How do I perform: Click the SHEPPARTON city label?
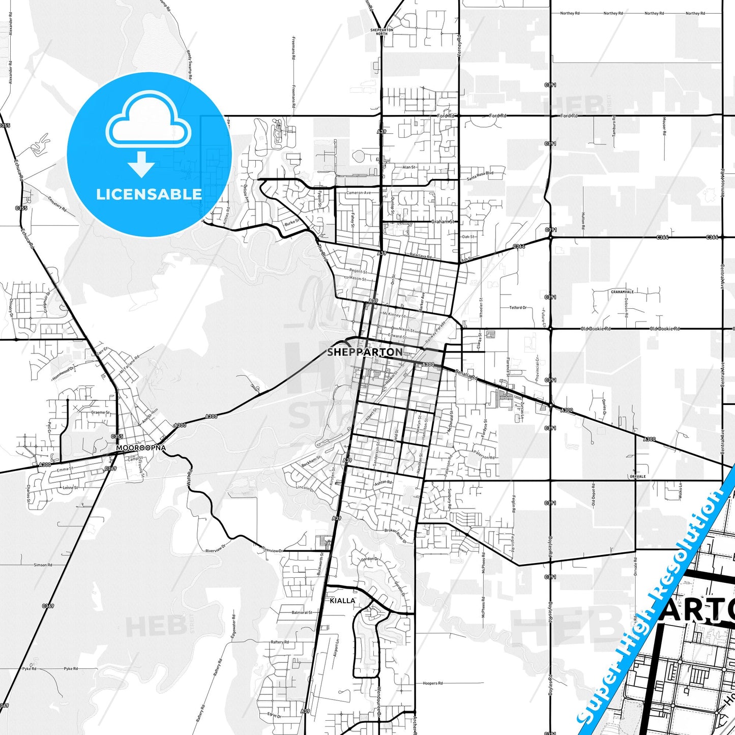point(365,352)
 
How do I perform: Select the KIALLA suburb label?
point(342,601)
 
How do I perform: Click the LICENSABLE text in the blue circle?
point(149,194)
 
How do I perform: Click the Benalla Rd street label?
point(466,375)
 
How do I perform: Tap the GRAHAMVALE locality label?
point(622,292)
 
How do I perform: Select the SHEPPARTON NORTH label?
point(382,32)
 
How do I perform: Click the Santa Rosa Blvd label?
point(480,173)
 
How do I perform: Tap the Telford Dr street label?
point(518,308)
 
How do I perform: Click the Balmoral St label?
point(302,612)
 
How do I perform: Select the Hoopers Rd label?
point(433,683)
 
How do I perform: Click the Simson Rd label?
point(43,565)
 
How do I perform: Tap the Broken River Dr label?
point(396,535)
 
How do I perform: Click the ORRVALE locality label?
point(637,477)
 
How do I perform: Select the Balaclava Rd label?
point(420,257)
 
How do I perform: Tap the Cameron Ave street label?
point(359,193)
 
